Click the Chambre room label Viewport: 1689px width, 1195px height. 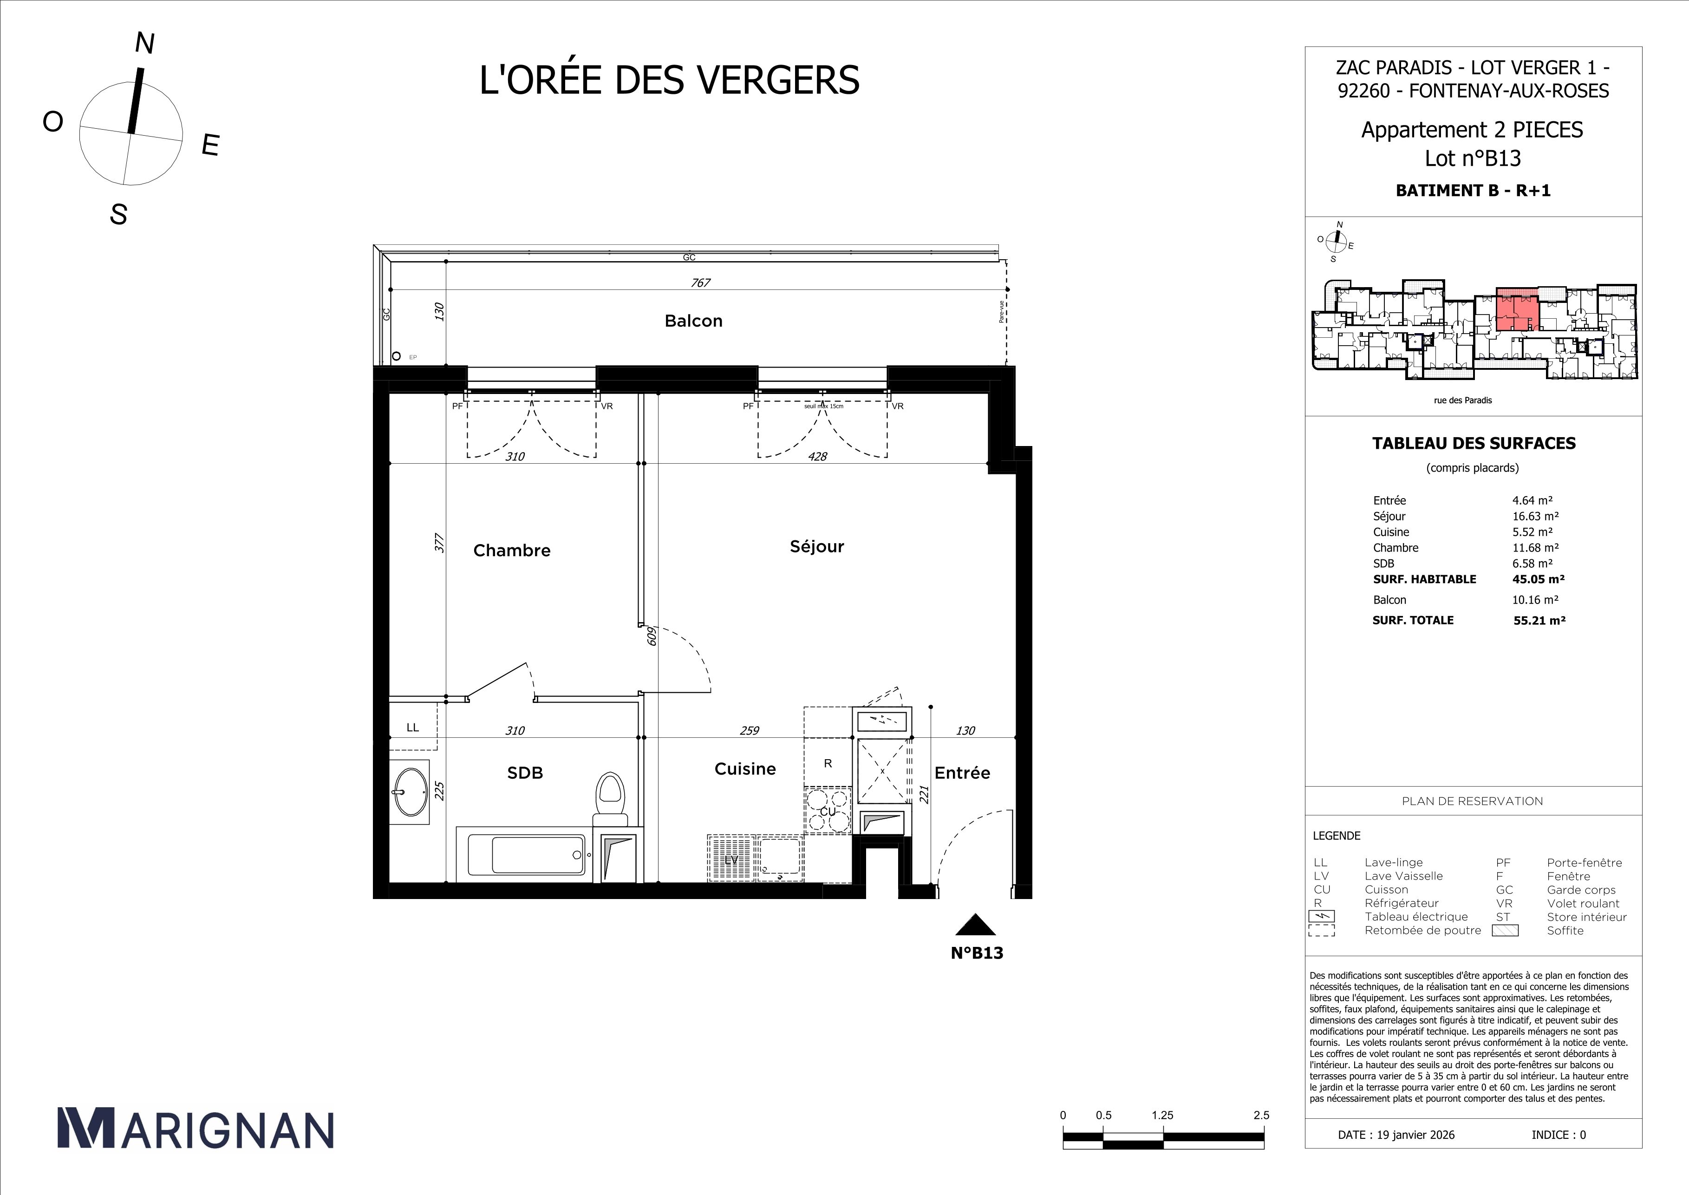[511, 551]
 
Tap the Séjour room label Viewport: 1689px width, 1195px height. [816, 546]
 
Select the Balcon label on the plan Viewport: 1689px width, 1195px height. [693, 321]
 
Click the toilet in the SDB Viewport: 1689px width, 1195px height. [609, 794]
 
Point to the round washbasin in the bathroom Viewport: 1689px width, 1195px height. [411, 792]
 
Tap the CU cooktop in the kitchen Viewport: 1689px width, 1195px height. [828, 810]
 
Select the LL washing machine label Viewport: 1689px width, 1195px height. [413, 727]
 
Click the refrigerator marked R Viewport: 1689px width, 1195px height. [828, 764]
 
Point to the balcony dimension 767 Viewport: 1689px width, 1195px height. [700, 282]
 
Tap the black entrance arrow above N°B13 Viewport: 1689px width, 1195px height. [975, 925]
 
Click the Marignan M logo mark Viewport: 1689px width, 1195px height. [86, 1128]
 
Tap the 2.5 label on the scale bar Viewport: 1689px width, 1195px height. [1261, 1115]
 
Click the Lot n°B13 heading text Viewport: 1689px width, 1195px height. [1473, 158]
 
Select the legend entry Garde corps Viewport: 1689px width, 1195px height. [1581, 890]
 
